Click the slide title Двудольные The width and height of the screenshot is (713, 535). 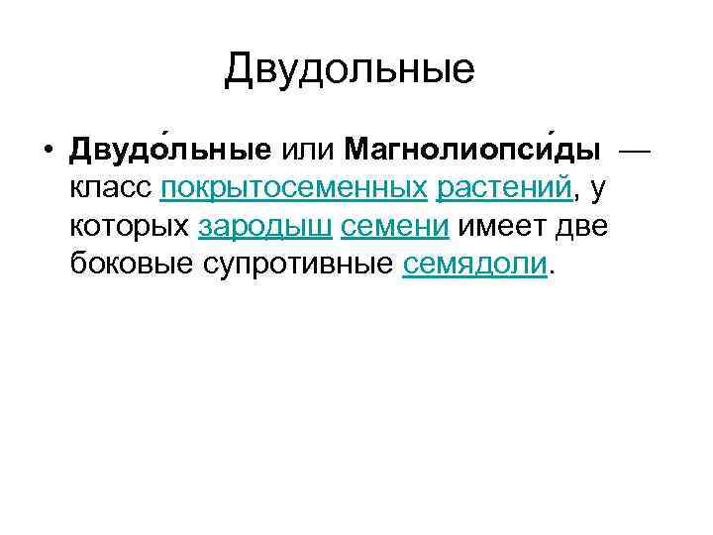tap(349, 69)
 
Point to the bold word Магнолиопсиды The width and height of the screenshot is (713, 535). tap(472, 151)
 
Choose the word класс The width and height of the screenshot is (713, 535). tap(111, 188)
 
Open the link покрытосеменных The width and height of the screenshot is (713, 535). tap(293, 188)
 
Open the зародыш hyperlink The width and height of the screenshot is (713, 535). tap(264, 226)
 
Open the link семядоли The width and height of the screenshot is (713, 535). tap(475, 264)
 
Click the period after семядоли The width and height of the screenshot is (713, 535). tap(552, 269)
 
